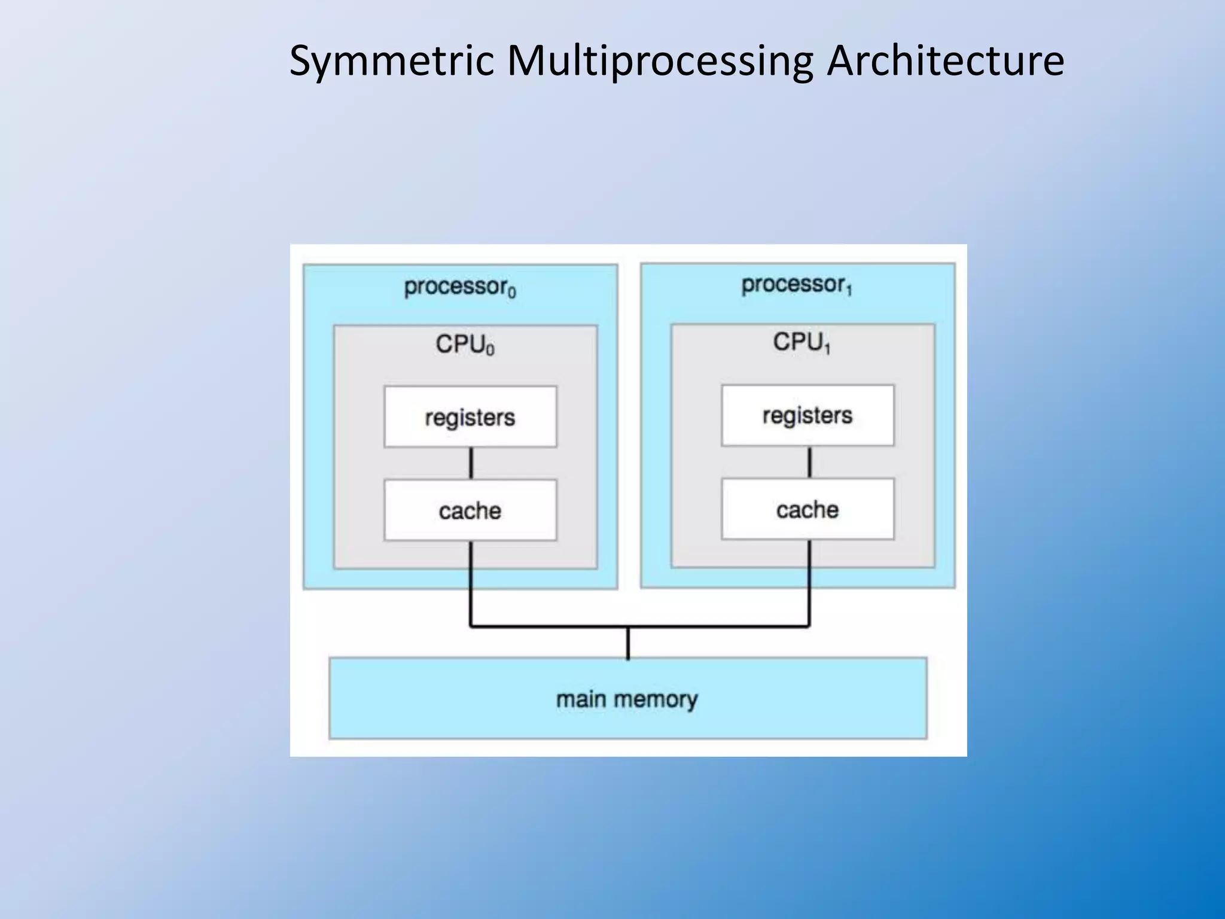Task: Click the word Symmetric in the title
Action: (392, 61)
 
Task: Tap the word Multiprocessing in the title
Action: (660, 61)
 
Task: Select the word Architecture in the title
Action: (945, 61)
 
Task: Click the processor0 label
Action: (459, 287)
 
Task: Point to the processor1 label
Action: (796, 285)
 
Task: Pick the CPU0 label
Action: (465, 345)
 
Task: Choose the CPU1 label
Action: (802, 342)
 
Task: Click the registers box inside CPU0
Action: (470, 417)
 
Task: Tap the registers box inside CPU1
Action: (807, 415)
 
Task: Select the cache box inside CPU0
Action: (470, 510)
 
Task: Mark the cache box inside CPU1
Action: (807, 509)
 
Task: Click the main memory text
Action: (627, 699)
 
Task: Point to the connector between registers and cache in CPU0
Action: (471, 463)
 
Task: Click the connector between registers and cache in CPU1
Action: (809, 462)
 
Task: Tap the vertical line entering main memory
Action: (627, 643)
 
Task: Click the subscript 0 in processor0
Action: (512, 293)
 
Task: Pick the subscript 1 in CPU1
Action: (827, 348)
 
